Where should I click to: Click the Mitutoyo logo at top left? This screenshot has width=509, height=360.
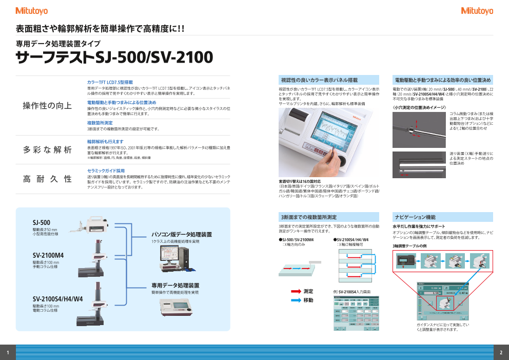[32, 11]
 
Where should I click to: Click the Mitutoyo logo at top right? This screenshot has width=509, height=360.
[477, 11]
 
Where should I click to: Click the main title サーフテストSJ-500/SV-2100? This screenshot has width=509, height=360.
[114, 56]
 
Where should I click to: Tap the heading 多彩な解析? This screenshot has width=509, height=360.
[47, 149]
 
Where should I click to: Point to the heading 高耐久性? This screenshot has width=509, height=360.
[47, 179]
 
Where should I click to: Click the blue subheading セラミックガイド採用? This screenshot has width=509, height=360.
[106, 170]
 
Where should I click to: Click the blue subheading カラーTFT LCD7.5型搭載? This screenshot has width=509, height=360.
[110, 82]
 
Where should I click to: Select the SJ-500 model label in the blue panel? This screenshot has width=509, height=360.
[42, 222]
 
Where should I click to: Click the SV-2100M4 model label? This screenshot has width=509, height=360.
[48, 255]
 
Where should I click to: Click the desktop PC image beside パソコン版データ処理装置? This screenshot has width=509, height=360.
[174, 257]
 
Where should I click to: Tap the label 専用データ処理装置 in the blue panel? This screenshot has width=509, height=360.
[175, 285]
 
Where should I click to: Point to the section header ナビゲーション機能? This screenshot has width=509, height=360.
[415, 217]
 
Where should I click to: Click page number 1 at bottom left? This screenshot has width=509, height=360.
[8, 352]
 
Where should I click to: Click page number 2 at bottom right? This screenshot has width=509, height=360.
[501, 352]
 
